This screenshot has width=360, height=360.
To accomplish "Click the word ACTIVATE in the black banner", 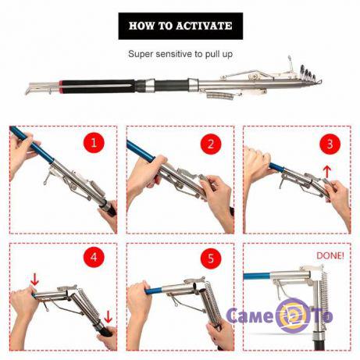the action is click(204, 26).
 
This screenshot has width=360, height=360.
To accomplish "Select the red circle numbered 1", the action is click(94, 143).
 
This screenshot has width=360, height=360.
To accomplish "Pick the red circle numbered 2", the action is click(211, 144).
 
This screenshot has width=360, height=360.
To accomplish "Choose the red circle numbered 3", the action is click(330, 144).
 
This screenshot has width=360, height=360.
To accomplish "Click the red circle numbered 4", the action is click(94, 257).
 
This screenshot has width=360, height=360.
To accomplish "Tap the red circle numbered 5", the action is click(211, 258).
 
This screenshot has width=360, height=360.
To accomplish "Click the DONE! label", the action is click(330, 255).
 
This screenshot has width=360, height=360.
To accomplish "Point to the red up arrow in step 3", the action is click(328, 172).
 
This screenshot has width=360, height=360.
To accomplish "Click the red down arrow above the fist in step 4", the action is click(34, 279).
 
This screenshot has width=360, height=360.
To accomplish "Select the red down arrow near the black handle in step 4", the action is click(108, 316).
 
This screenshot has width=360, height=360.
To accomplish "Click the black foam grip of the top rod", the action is click(98, 85).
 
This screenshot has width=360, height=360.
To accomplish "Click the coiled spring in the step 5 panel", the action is click(213, 302).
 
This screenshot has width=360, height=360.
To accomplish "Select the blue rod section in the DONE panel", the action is click(257, 276).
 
